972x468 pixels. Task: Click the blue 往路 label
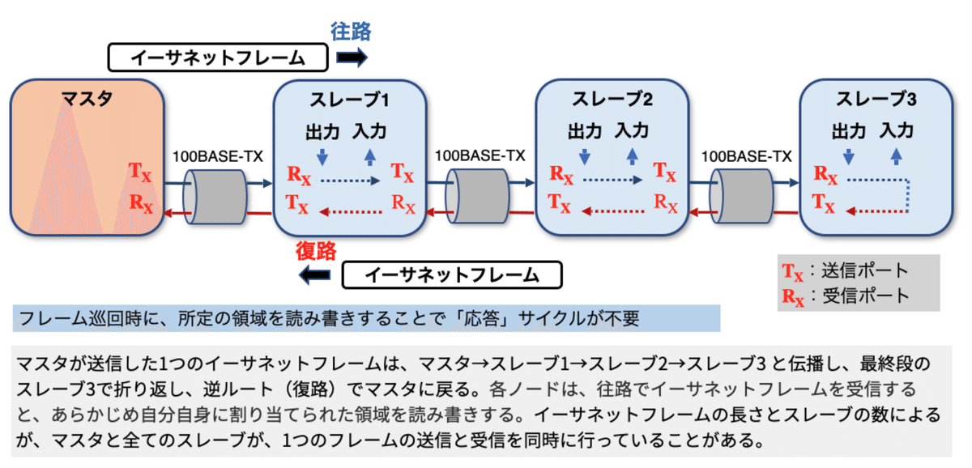pos(351,32)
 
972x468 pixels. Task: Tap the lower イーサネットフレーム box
pos(452,275)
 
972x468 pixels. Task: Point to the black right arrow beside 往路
pos(352,57)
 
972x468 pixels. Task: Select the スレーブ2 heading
pos(612,102)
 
